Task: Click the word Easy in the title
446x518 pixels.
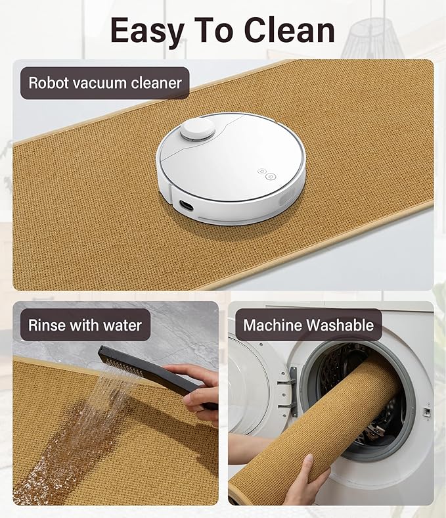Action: click(147, 32)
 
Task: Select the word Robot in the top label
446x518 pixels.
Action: click(48, 83)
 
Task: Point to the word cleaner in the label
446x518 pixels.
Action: click(156, 83)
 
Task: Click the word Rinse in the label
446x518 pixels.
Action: click(47, 325)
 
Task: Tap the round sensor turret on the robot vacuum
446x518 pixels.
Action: click(198, 129)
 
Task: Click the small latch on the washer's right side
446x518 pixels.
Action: click(426, 412)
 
